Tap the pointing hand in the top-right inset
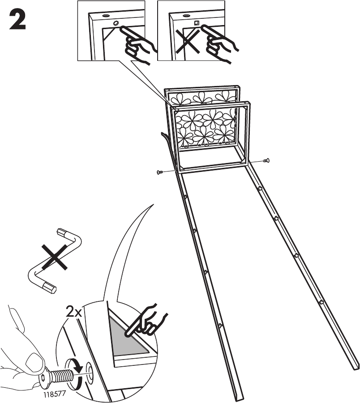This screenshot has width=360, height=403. [x=219, y=43]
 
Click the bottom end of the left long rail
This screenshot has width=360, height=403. [x=238, y=398]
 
